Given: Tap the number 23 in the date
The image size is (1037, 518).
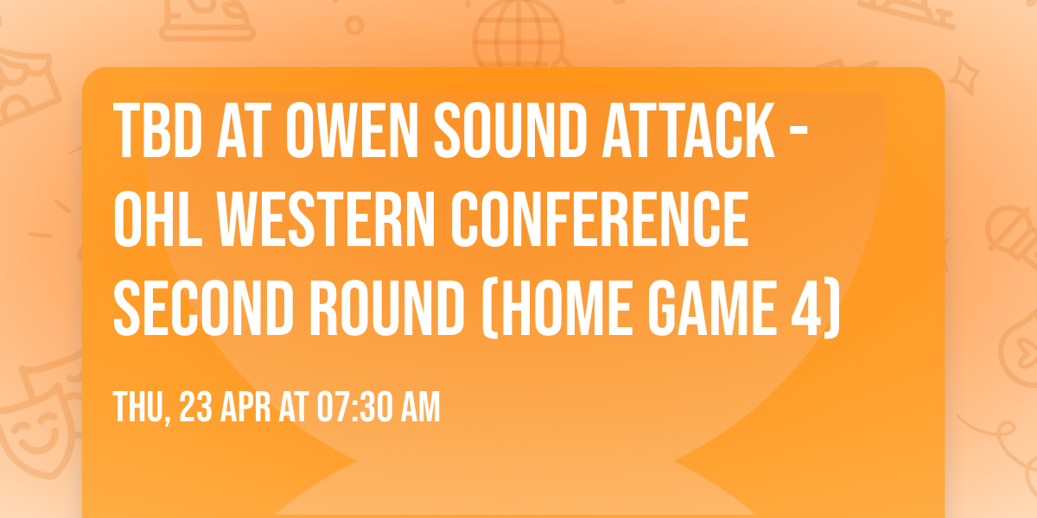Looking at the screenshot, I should click(x=197, y=407).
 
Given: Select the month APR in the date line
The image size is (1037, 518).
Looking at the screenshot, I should click(x=248, y=407).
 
